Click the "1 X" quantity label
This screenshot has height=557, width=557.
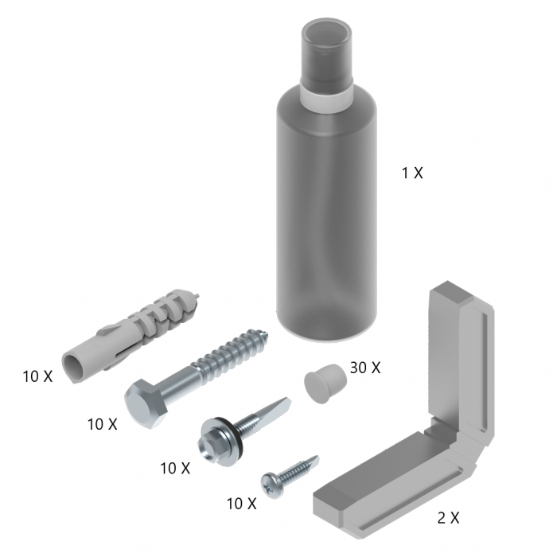(x=412, y=173)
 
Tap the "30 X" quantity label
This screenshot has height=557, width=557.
(x=365, y=368)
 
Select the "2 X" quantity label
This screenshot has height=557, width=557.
(x=448, y=518)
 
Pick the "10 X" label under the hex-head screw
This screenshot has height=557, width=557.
(x=102, y=424)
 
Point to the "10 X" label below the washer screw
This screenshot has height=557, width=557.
(x=175, y=468)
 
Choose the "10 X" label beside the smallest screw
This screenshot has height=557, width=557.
(x=241, y=504)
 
